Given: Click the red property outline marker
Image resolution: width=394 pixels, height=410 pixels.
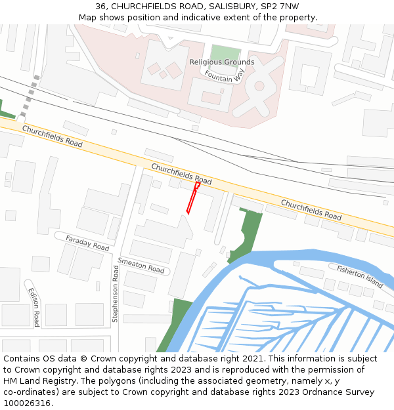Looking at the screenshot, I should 192,198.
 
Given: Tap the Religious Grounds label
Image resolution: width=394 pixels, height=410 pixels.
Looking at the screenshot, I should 221,62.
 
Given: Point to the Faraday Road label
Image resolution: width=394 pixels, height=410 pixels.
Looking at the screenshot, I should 87,242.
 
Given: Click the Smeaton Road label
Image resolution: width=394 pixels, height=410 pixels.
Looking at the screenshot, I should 141,265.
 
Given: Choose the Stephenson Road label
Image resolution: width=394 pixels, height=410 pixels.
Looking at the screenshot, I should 115,293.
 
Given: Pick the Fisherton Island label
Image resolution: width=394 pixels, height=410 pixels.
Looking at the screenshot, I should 360,276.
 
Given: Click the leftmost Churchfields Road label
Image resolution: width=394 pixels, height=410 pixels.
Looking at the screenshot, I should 53,136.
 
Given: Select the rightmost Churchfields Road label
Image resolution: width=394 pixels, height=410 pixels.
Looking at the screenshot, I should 311,209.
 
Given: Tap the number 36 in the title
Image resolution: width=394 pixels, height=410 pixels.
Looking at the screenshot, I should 101,7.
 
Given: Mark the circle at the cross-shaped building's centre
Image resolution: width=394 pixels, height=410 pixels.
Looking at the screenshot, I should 259,86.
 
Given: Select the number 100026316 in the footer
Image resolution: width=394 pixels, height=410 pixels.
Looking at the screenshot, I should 28,403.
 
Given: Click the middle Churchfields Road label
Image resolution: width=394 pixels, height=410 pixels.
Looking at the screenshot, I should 181,174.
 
